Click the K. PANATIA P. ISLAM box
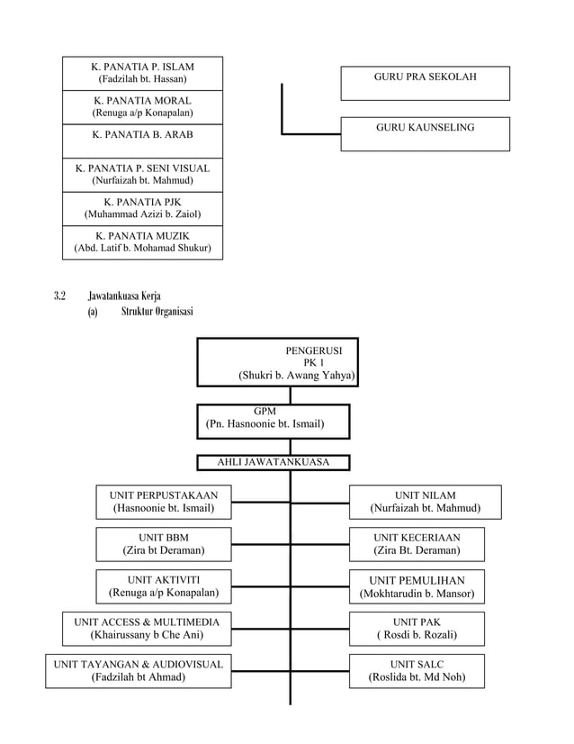coord(142,73)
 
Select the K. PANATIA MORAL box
coord(142,107)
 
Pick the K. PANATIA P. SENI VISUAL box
coord(142,174)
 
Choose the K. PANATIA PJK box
coord(142,208)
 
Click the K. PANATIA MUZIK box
coord(142,242)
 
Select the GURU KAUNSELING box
coord(425,133)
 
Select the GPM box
coord(274,417)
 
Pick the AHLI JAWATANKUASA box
coord(274,462)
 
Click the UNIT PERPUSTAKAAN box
coord(163,502)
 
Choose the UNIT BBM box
coord(163,544)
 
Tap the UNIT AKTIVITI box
coord(163,586)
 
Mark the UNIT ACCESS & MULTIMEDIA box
coord(146,628)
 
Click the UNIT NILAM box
coord(425,502)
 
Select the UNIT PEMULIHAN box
coord(417,586)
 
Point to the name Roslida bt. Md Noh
coord(417,677)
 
